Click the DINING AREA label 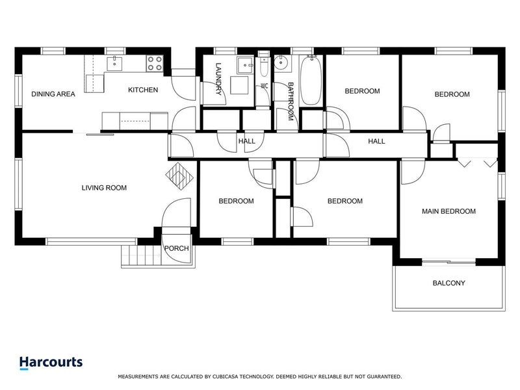coord(53,94)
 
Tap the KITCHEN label coord(142,90)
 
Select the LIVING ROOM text coord(104,188)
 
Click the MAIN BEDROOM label coord(448,211)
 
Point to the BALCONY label coord(448,283)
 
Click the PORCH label coord(176,248)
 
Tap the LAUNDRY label coord(219,80)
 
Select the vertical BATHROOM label coord(291,101)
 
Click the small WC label coord(265,86)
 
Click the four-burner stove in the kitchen coord(154,63)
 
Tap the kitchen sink coord(114,62)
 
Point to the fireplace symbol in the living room coord(179,175)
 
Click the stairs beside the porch coord(140,256)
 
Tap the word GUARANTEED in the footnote coord(381,376)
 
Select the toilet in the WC coord(264,68)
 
